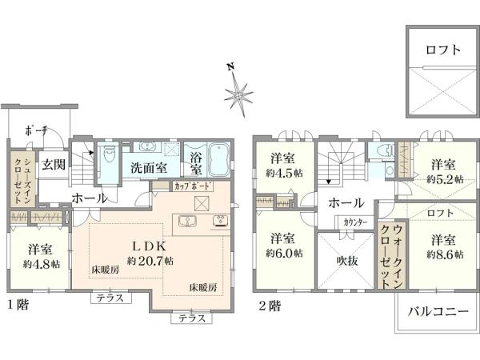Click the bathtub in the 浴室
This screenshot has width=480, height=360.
[x=219, y=158]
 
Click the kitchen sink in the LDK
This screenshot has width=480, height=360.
[x=187, y=221]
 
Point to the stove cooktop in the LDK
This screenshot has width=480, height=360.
[x=221, y=221]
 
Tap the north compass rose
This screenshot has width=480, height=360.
[x=238, y=94]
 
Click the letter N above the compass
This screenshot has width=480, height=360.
[x=230, y=66]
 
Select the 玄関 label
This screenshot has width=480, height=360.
[x=54, y=165]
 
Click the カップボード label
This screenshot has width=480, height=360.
[x=193, y=186]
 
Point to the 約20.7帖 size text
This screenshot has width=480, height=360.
[x=150, y=261]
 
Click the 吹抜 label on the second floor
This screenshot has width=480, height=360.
[x=347, y=261]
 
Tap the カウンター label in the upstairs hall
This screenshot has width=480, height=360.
[x=355, y=222]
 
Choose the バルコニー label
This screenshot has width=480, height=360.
[x=438, y=312]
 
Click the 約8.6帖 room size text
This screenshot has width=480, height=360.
[x=446, y=254]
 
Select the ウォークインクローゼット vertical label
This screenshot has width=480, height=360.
[x=391, y=256]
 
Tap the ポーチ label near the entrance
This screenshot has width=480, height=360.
[x=36, y=131]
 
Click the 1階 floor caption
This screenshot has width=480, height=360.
[x=18, y=305]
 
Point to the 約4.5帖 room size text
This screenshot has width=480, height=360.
[x=284, y=174]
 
